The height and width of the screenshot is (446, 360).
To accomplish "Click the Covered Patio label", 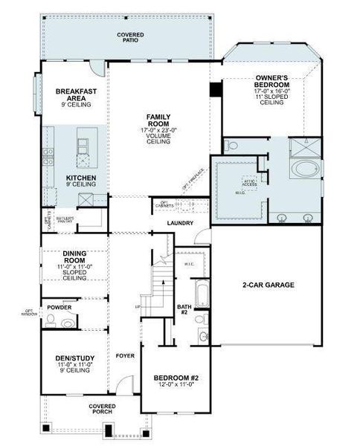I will coord(130,38).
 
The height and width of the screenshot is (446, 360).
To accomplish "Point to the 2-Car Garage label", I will coord(269,285).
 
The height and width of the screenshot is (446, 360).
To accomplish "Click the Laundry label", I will coord(181,223).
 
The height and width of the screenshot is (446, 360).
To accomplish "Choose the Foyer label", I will coord(124,355).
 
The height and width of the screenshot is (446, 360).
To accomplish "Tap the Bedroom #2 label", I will coord(176,378).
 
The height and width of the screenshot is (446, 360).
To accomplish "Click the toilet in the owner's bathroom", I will coord(231,146).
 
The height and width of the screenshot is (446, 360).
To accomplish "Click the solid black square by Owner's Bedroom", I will coord(216,89).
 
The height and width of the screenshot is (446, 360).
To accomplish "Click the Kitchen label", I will coord(80,178).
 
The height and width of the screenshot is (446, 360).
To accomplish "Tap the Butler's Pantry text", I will coord(63,219).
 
